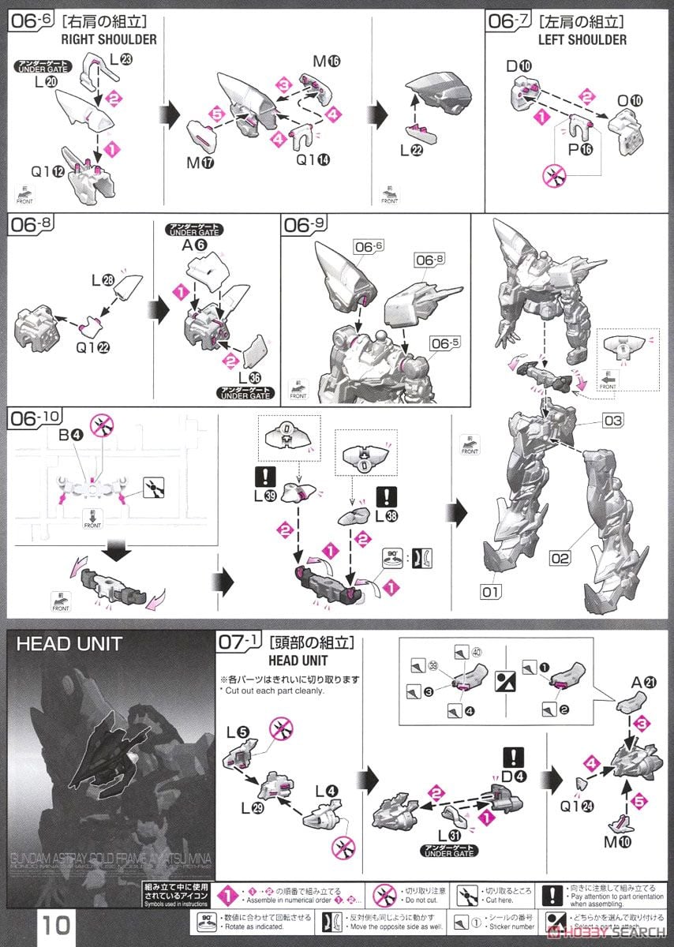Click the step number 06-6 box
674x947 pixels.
click(31, 21)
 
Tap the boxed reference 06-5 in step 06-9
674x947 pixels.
click(443, 343)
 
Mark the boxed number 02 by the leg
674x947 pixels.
click(560, 559)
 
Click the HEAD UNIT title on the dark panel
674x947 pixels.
click(69, 643)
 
